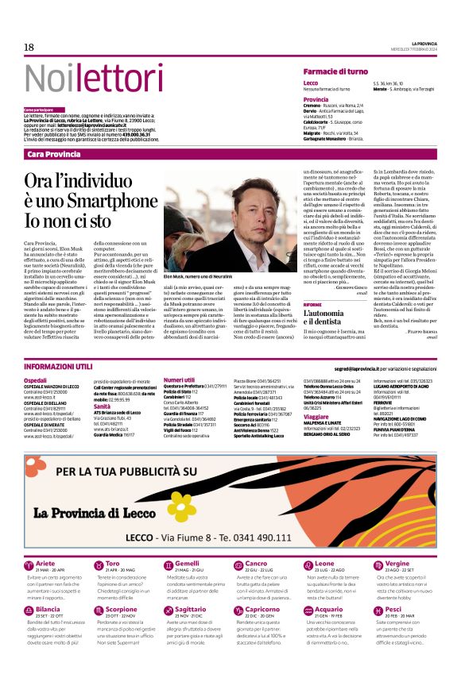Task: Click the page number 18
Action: (29, 48)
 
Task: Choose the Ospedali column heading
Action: (36, 381)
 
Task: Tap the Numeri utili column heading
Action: (179, 381)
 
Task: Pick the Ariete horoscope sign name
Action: (45, 541)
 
